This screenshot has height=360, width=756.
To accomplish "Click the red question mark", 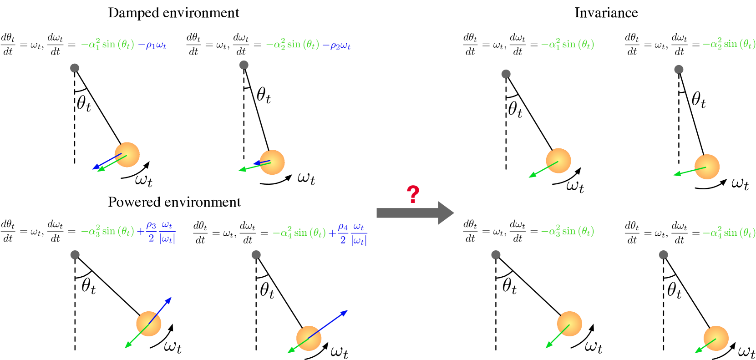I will (413, 194).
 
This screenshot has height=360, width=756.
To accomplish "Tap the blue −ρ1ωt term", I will (152, 45).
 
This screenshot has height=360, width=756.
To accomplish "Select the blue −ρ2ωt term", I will (337, 45).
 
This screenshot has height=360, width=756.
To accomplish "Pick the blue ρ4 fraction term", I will (352, 233).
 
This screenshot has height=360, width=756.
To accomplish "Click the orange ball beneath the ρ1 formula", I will (127, 155).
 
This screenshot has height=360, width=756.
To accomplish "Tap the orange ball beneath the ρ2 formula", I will (273, 162).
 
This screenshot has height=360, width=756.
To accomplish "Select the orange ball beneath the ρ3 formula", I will (149, 324).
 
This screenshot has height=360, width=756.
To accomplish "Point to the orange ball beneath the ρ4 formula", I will (309, 338).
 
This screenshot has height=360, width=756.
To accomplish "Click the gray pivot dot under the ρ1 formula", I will (75, 68).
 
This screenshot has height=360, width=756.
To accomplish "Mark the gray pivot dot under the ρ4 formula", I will (256, 255).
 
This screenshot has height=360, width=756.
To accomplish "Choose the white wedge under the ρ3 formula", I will (81, 268).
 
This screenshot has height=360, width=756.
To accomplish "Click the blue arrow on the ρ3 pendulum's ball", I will (160, 310).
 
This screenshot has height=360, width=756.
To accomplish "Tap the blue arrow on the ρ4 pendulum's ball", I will (328, 324).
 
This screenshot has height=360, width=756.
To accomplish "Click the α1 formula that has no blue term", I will (568, 45).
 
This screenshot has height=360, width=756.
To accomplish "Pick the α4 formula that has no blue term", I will (728, 233).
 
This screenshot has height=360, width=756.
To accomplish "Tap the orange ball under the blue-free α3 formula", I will (569, 324).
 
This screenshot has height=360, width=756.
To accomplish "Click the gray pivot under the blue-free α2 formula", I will (679, 69).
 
